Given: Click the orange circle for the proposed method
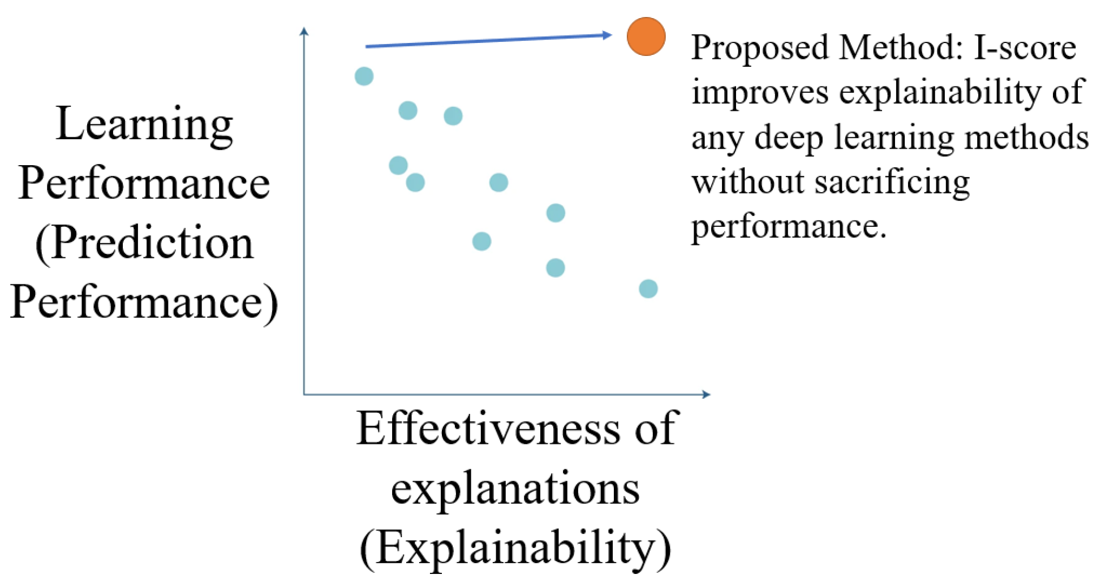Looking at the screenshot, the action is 646,37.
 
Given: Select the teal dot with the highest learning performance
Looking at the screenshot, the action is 364,76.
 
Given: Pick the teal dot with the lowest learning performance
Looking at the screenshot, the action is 648,289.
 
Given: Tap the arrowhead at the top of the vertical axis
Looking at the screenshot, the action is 304,31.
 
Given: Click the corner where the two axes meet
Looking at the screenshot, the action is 304,394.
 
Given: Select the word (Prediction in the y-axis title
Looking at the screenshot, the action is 144,243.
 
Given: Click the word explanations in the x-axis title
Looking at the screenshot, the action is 515,489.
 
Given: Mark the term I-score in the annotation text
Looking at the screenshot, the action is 1025,47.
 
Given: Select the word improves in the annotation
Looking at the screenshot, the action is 760,93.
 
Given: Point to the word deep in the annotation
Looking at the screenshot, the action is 789,138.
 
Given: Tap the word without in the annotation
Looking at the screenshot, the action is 747,182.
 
